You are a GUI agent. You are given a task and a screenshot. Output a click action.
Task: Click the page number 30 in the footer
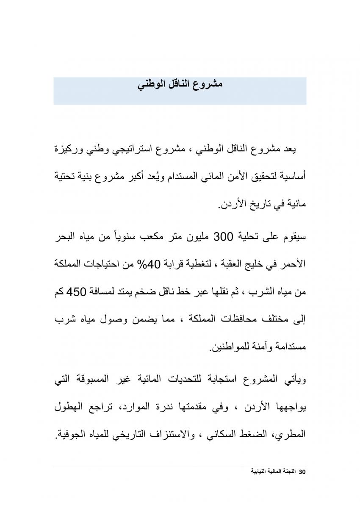pyautogui.click(x=302, y=472)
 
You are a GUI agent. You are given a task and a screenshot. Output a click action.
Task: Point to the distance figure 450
pyautogui.click(x=87, y=292)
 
